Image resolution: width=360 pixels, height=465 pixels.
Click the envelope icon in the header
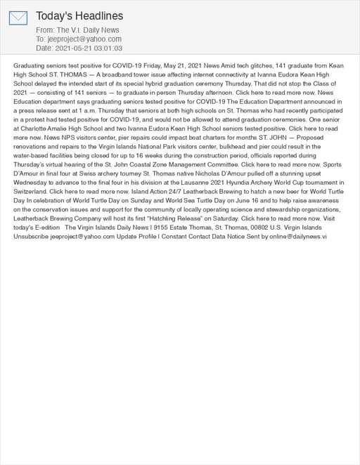coord(18,18)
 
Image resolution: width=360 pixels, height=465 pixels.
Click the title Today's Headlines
coord(79,15)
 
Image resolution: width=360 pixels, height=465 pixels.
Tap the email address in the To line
coord(84,39)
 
